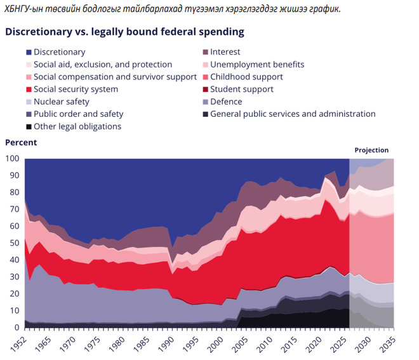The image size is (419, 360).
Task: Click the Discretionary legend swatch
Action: pyautogui.click(x=28, y=52)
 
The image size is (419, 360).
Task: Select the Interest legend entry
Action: pyautogui.click(x=225, y=52)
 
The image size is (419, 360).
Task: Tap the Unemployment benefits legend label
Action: pyautogui.click(x=257, y=64)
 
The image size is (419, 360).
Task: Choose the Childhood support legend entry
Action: pyautogui.click(x=246, y=77)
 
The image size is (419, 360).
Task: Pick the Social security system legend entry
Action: pyautogui.click(x=76, y=90)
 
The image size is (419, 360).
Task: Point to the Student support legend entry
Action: pyautogui.click(x=241, y=90)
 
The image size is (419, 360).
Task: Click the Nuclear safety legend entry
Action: pyautogui.click(x=61, y=102)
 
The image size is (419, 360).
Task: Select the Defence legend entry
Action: pyautogui.click(x=226, y=102)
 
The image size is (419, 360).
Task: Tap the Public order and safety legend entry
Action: pyautogui.click(x=78, y=114)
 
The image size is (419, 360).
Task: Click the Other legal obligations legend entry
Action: pyautogui.click(x=77, y=126)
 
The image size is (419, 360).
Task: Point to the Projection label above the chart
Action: pyautogui.click(x=371, y=150)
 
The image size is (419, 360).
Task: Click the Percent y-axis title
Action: pyautogui.click(x=21, y=142)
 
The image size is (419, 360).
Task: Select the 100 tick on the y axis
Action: pyautogui.click(x=12, y=158)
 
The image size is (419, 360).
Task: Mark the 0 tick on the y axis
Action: pyautogui.click(x=17, y=328)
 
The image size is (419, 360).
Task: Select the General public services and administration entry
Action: pyautogui.click(x=293, y=114)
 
